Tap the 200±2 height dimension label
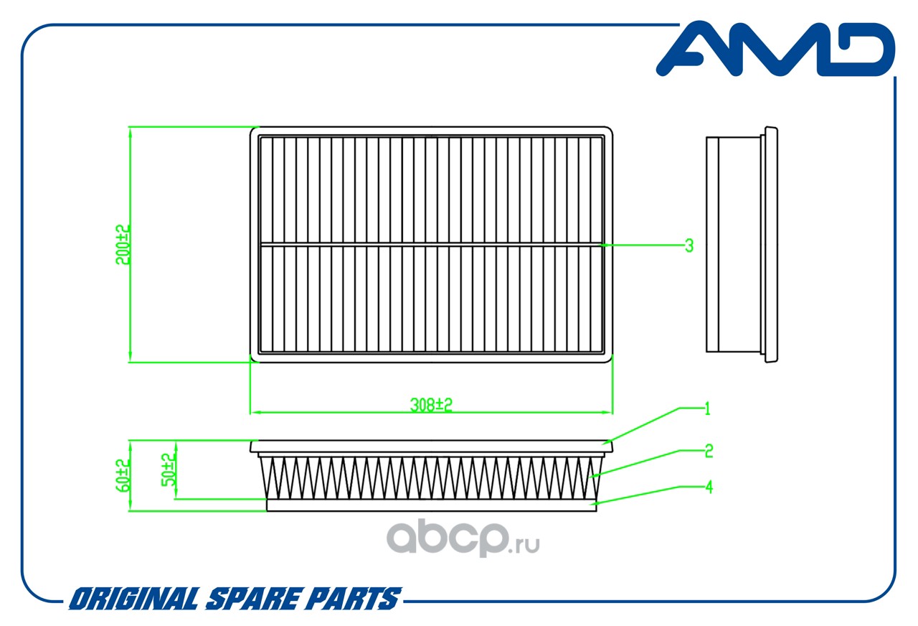click(123, 244)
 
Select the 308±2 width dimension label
click(431, 405)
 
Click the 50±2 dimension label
click(169, 469)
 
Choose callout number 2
click(709, 451)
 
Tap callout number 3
click(688, 245)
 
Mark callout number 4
click(709, 487)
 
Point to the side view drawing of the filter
click(742, 244)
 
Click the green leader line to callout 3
click(642, 245)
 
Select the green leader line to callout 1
click(642, 425)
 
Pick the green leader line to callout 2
click(635, 463)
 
